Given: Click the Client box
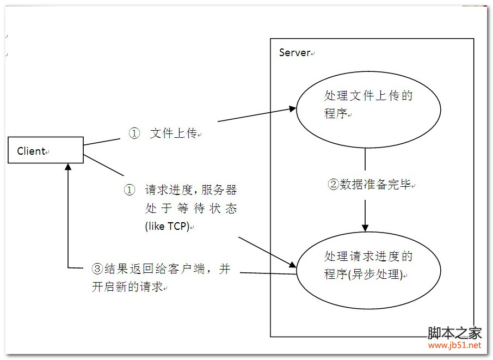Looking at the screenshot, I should (46, 150).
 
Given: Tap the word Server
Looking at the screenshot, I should (294, 53).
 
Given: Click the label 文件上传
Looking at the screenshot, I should (173, 133).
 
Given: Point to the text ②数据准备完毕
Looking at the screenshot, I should (370, 184).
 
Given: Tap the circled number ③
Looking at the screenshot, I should (97, 269).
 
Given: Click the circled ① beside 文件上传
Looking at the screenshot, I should (134, 133).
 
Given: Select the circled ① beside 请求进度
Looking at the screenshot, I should (129, 190).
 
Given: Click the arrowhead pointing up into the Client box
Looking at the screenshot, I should (68, 168).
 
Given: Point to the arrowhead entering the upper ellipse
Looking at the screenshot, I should (292, 108).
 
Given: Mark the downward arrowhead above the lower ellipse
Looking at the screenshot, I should (365, 227).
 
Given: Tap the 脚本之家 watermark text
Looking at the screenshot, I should (454, 333).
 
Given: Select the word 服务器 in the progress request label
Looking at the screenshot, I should (219, 190).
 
